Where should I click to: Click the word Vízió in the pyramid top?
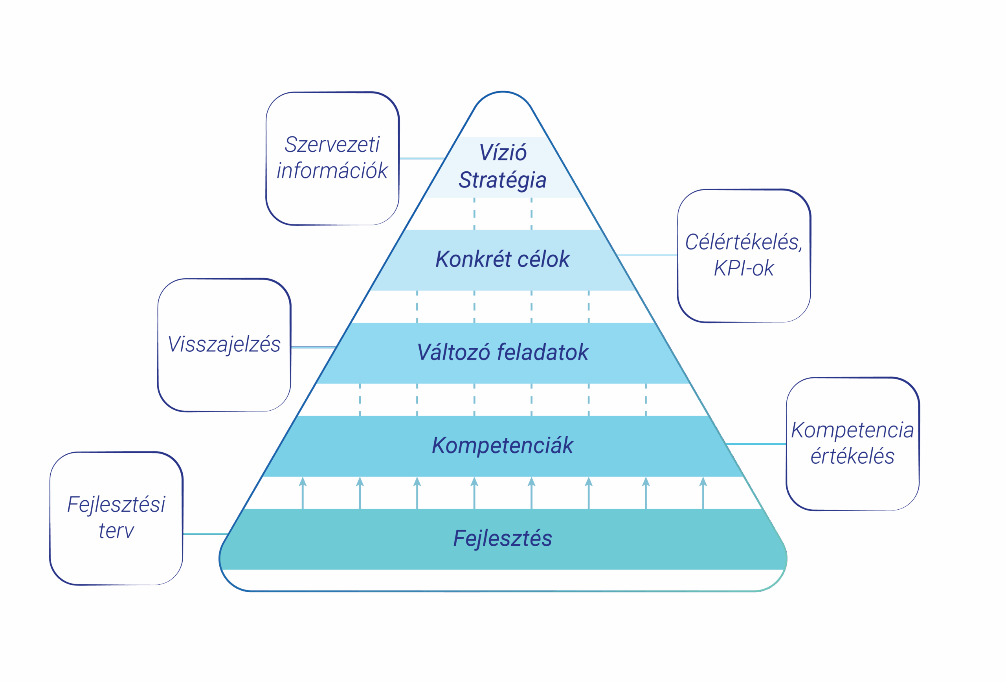(503, 153)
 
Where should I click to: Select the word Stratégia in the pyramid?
(503, 180)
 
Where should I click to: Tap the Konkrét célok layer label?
(503, 259)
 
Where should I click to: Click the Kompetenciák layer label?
(503, 445)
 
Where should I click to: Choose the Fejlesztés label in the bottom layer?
(503, 538)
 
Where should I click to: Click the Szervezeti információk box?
(332, 158)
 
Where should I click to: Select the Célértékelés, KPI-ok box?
(743, 256)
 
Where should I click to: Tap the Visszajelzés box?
(224, 345)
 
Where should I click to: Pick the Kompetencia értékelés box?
(852, 444)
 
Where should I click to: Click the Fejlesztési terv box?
(116, 518)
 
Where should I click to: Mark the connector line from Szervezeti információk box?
(422, 158)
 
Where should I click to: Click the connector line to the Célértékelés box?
(647, 255)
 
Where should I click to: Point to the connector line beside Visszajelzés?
(313, 347)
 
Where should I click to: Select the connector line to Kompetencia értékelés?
(756, 444)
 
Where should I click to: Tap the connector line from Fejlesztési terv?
(205, 534)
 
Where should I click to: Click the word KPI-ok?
(743, 269)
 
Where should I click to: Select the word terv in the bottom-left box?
(116, 531)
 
